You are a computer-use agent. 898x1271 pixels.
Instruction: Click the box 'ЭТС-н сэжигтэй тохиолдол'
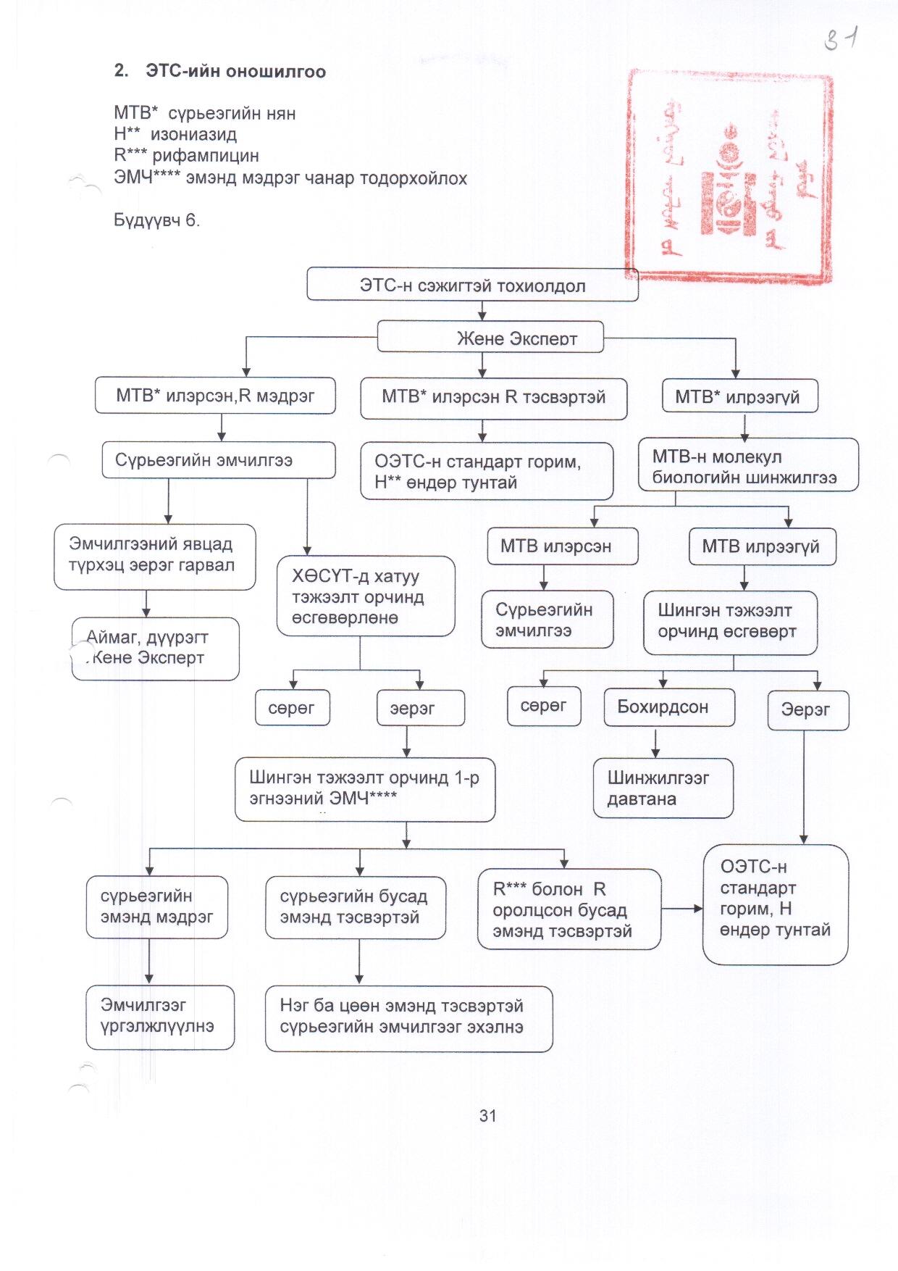coord(472,285)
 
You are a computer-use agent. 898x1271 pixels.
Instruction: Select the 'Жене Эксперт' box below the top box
coord(490,337)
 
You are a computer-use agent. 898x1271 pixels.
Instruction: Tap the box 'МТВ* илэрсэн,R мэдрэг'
coord(215,396)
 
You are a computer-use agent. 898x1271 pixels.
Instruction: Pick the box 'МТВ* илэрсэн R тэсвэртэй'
coord(493,398)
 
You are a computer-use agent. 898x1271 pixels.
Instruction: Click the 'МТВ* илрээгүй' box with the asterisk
coord(739,396)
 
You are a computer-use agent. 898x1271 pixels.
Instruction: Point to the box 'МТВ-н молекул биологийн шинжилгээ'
coord(747,467)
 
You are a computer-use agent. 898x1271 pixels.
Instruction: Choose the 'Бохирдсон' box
coord(668,707)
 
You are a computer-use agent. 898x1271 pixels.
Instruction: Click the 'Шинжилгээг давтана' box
coord(663,788)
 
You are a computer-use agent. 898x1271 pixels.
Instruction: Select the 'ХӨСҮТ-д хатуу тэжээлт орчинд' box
coord(365,596)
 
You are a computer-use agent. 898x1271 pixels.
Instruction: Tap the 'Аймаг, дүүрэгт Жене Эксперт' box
coord(155,649)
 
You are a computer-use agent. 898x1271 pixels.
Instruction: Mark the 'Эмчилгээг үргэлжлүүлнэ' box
coord(160,1017)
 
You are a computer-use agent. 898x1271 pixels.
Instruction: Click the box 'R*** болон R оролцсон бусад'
coord(568,909)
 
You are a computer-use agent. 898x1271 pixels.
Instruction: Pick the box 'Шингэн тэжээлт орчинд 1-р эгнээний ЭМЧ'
coord(364,789)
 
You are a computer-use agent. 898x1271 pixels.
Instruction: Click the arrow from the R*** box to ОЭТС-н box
coord(681,909)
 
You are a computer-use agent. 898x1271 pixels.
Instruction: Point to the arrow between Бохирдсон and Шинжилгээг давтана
coord(655,743)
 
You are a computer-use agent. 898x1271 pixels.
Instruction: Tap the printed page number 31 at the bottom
coord(487,1116)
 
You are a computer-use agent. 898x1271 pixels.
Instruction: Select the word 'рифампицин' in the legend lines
coord(205,156)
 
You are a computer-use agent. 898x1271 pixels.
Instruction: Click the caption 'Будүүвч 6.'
coord(156,220)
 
